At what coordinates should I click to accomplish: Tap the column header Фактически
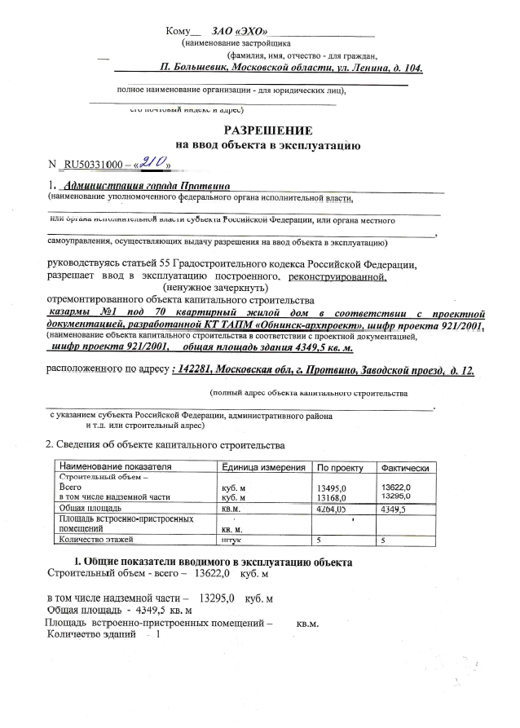tap(405, 468)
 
